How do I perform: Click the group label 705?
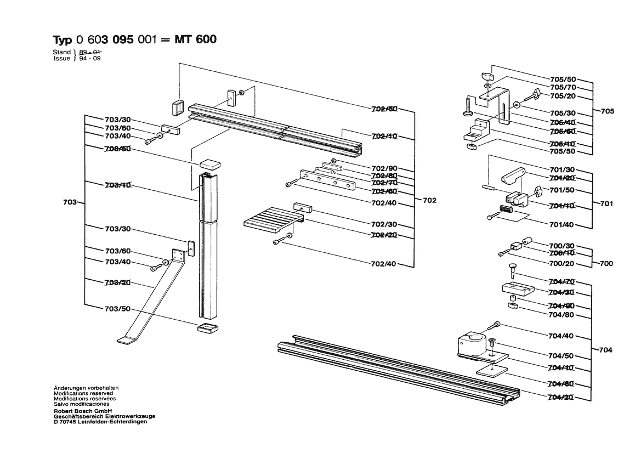[x=607, y=111]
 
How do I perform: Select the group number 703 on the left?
[x=70, y=202]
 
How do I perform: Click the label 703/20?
[x=117, y=282]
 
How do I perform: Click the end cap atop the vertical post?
[x=209, y=163]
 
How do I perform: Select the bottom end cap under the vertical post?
[x=206, y=328]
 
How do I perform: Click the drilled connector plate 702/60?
[x=326, y=179]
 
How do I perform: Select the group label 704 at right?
[x=606, y=350]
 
